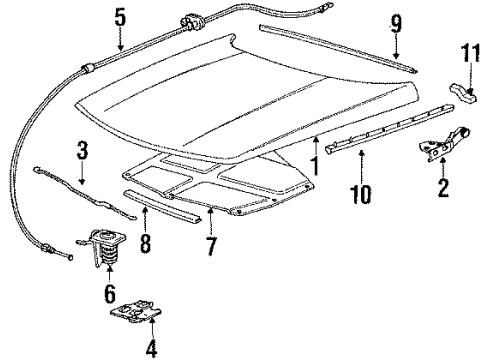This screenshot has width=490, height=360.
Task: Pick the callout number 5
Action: (120, 17)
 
